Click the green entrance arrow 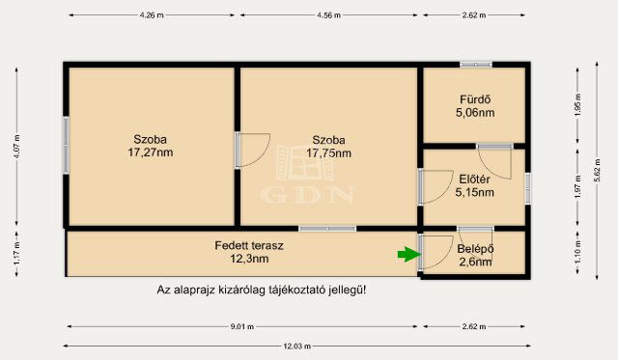pyautogui.click(x=409, y=255)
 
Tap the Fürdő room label pyautogui.click(x=474, y=97)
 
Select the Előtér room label pyautogui.click(x=474, y=179)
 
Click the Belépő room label pyautogui.click(x=474, y=248)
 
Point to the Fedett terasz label pyautogui.click(x=248, y=245)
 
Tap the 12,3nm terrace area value pyautogui.click(x=248, y=259)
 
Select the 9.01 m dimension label pyautogui.click(x=242, y=326)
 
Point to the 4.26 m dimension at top pyautogui.click(x=152, y=16)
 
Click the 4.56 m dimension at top pyautogui.click(x=329, y=16)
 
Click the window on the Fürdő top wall pyautogui.click(x=475, y=65)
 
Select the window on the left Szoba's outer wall pyautogui.click(x=66, y=144)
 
